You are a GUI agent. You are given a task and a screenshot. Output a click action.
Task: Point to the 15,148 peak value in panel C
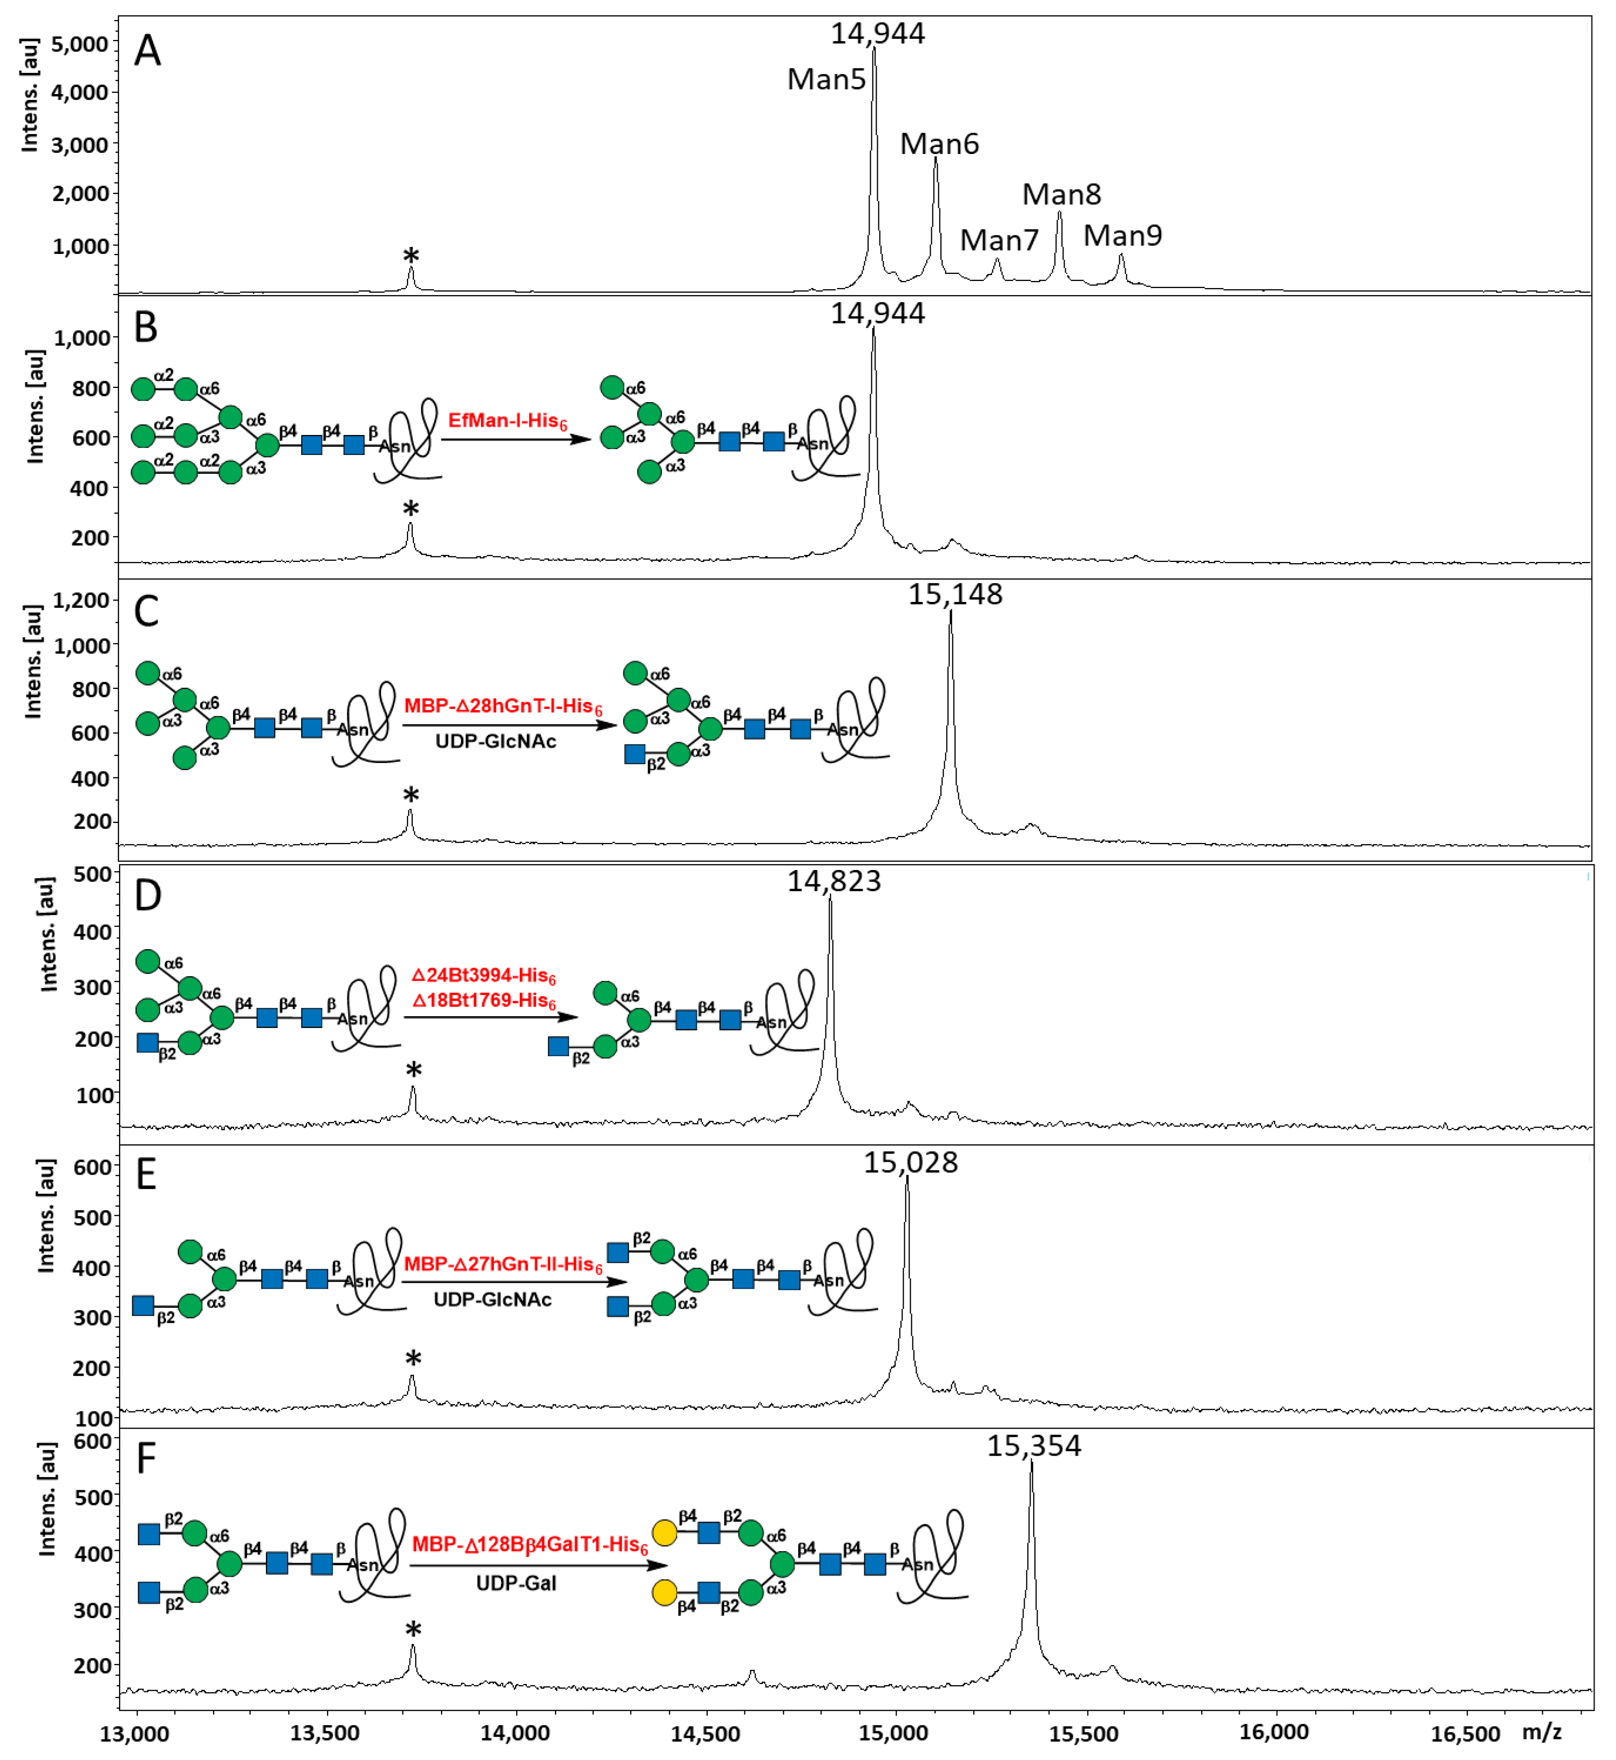[x=955, y=595]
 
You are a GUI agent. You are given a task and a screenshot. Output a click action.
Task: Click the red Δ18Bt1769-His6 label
[x=483, y=1001]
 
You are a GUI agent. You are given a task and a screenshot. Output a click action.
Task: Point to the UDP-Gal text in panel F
[x=516, y=1584]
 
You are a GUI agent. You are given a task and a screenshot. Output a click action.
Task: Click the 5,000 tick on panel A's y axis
[x=79, y=44]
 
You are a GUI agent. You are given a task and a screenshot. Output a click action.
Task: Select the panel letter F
[x=146, y=1458]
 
